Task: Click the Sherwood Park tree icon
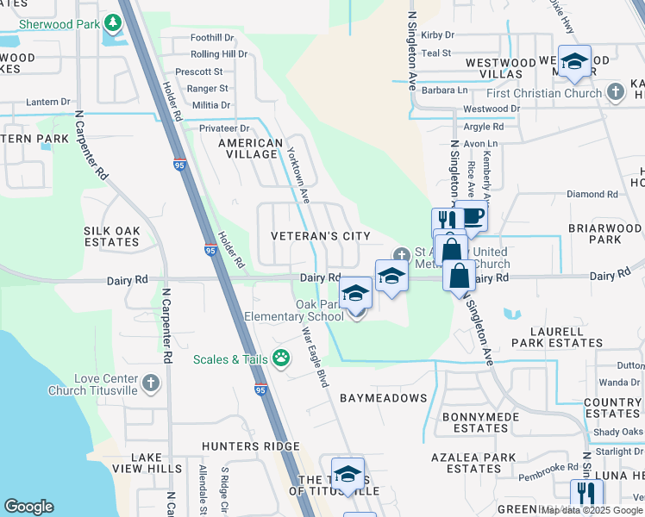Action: pos(113,21)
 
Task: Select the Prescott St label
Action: pos(199,72)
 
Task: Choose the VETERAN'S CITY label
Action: pos(320,236)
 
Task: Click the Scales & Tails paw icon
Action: pos(280,358)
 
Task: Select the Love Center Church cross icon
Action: pos(151,381)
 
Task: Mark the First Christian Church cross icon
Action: pos(615,90)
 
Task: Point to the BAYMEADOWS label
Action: pos(383,398)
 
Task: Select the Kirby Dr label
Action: pos(437,35)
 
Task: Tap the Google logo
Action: pos(28,507)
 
